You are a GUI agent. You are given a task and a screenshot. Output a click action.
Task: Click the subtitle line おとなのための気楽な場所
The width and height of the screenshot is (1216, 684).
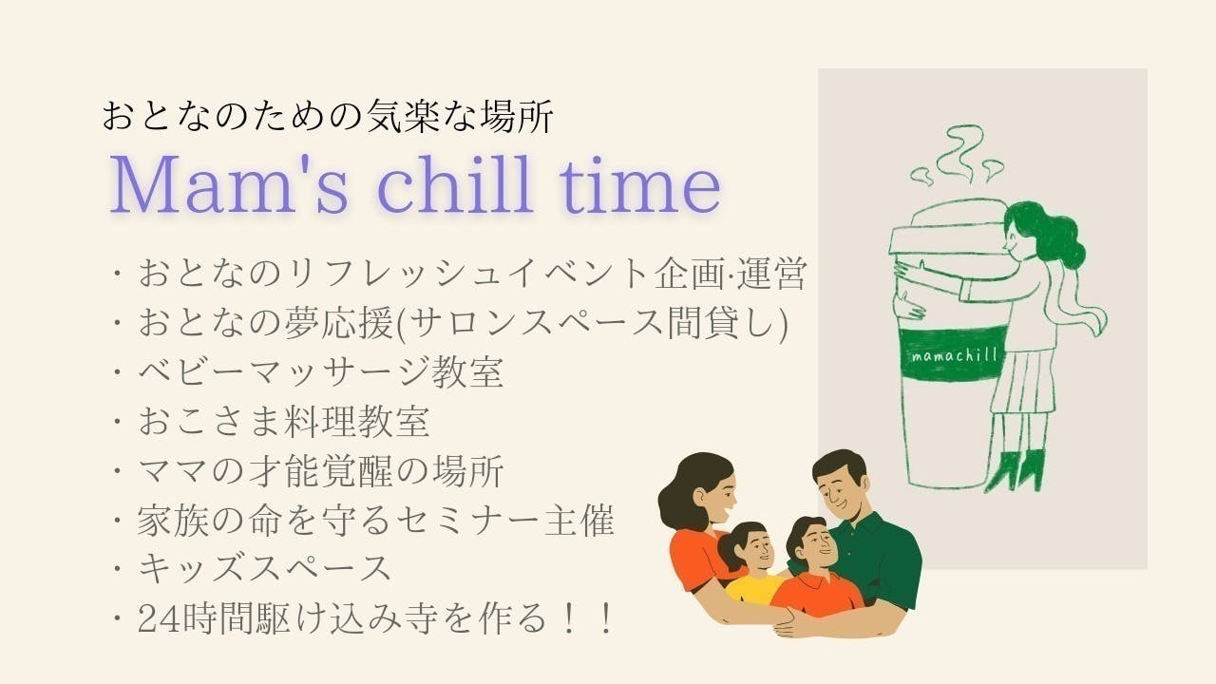(327, 117)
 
